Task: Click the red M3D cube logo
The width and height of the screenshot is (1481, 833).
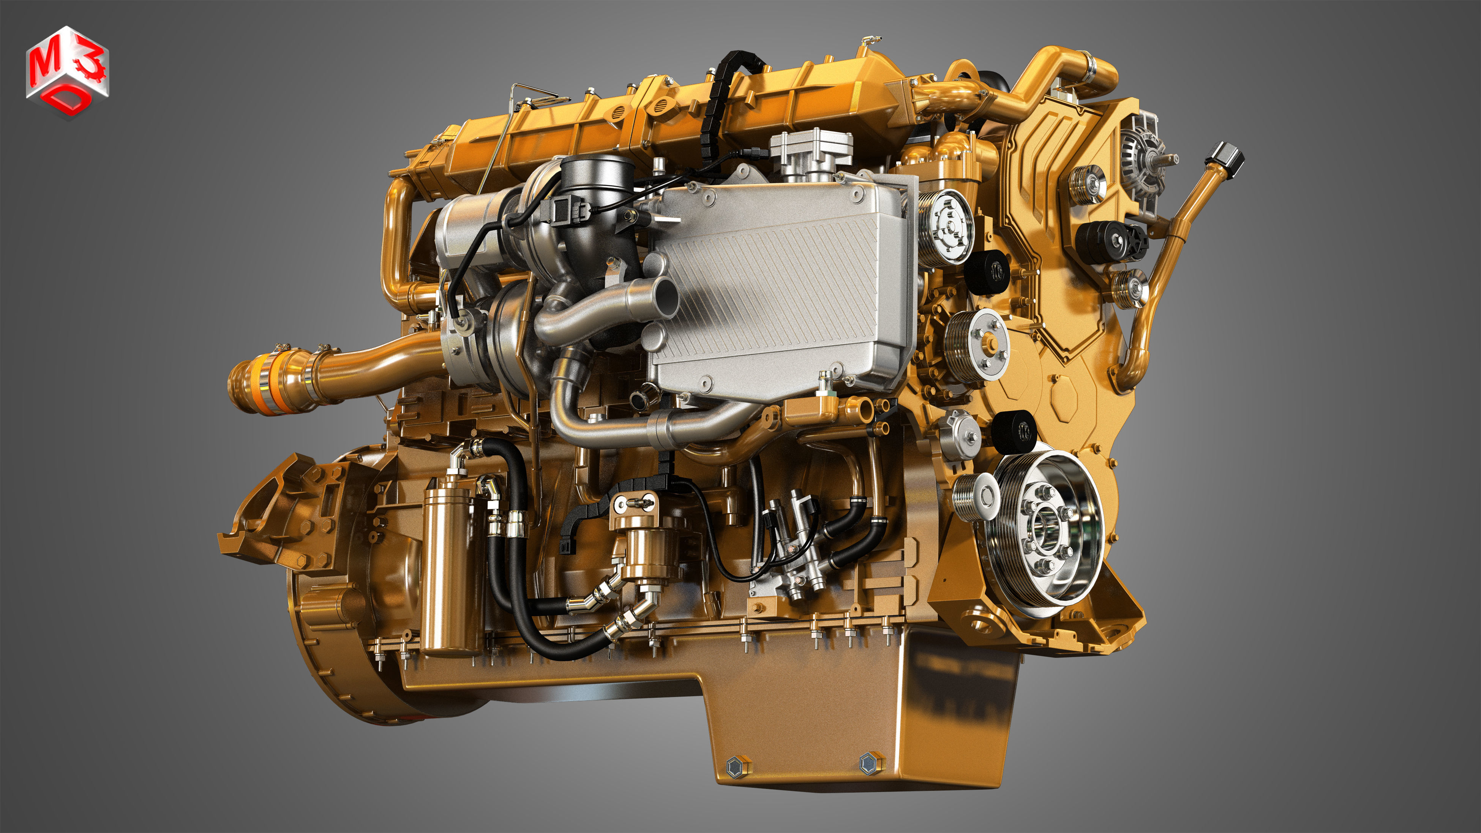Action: click(x=67, y=71)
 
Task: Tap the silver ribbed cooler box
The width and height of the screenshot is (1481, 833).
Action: click(x=776, y=288)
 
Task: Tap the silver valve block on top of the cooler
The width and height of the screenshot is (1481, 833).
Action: click(x=811, y=152)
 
